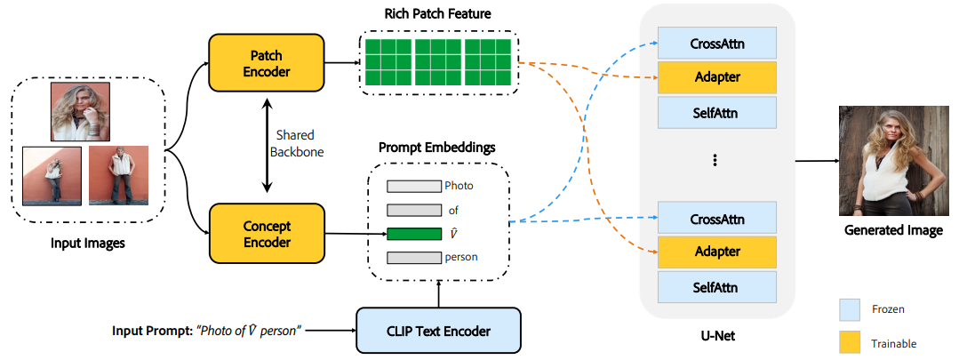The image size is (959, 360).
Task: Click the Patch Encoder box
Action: [268, 62]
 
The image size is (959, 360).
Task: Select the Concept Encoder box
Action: [268, 232]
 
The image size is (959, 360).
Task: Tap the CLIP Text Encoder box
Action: [437, 332]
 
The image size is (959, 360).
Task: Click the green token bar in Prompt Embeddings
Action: [414, 235]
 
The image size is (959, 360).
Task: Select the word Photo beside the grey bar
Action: [459, 187]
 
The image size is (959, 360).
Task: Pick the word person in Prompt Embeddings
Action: [462, 258]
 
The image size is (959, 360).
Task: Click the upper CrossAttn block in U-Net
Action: [717, 43]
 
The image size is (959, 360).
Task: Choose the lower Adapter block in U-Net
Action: [717, 252]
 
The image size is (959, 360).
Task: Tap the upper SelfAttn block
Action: [717, 112]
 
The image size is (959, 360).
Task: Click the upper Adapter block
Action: [717, 77]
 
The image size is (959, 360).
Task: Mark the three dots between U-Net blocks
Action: [715, 161]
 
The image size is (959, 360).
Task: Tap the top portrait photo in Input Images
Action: [80, 111]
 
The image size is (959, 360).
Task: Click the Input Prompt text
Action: [207, 331]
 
